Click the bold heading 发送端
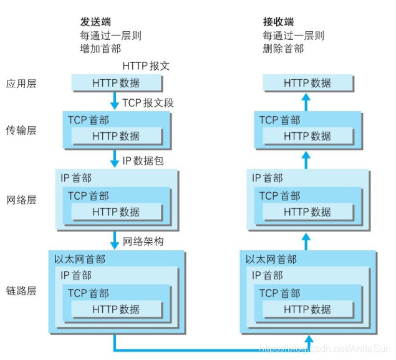coord(95,22)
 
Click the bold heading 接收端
coord(278,22)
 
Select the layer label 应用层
coord(21,83)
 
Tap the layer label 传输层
coord(21,130)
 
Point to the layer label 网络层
coord(21,200)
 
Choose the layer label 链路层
coord(21,291)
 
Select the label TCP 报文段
coord(148,102)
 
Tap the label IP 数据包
coord(143,161)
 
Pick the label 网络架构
coord(143,241)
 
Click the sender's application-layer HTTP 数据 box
coord(117,83)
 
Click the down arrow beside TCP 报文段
coord(113,100)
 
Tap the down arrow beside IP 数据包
coord(113,160)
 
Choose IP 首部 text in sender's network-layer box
coord(75,178)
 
